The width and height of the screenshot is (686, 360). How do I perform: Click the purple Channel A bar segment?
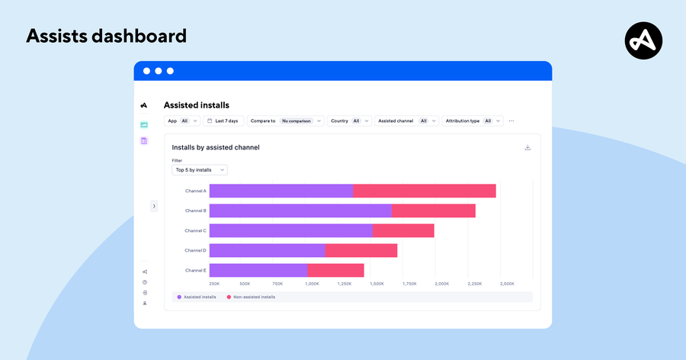click(281, 191)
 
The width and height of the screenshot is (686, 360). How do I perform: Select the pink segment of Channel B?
click(433, 211)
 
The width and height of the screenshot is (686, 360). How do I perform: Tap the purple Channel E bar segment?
click(258, 270)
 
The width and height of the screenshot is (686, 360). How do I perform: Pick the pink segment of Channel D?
click(361, 250)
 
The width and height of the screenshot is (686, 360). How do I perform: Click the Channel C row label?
click(195, 230)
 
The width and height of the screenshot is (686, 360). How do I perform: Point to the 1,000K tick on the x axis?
click(312, 283)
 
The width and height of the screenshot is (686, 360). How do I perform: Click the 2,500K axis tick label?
click(506, 283)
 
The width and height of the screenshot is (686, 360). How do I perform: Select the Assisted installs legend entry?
click(197, 297)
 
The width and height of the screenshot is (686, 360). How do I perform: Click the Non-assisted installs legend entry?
click(251, 297)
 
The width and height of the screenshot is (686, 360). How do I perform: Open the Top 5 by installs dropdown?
click(199, 170)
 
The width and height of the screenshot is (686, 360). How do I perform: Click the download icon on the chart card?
click(527, 148)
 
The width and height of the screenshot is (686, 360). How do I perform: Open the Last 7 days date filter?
click(223, 121)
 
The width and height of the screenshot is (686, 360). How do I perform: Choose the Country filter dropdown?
click(349, 121)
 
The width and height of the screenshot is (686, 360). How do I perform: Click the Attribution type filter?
click(472, 121)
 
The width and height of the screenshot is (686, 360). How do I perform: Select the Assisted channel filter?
click(406, 121)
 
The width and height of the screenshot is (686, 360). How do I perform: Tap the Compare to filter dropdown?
click(285, 121)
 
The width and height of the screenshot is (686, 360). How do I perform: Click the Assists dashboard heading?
click(106, 36)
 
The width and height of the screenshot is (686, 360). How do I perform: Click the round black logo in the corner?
click(643, 40)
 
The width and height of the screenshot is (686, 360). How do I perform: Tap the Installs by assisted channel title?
click(216, 147)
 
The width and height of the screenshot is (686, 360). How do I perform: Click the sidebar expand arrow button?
click(154, 206)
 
